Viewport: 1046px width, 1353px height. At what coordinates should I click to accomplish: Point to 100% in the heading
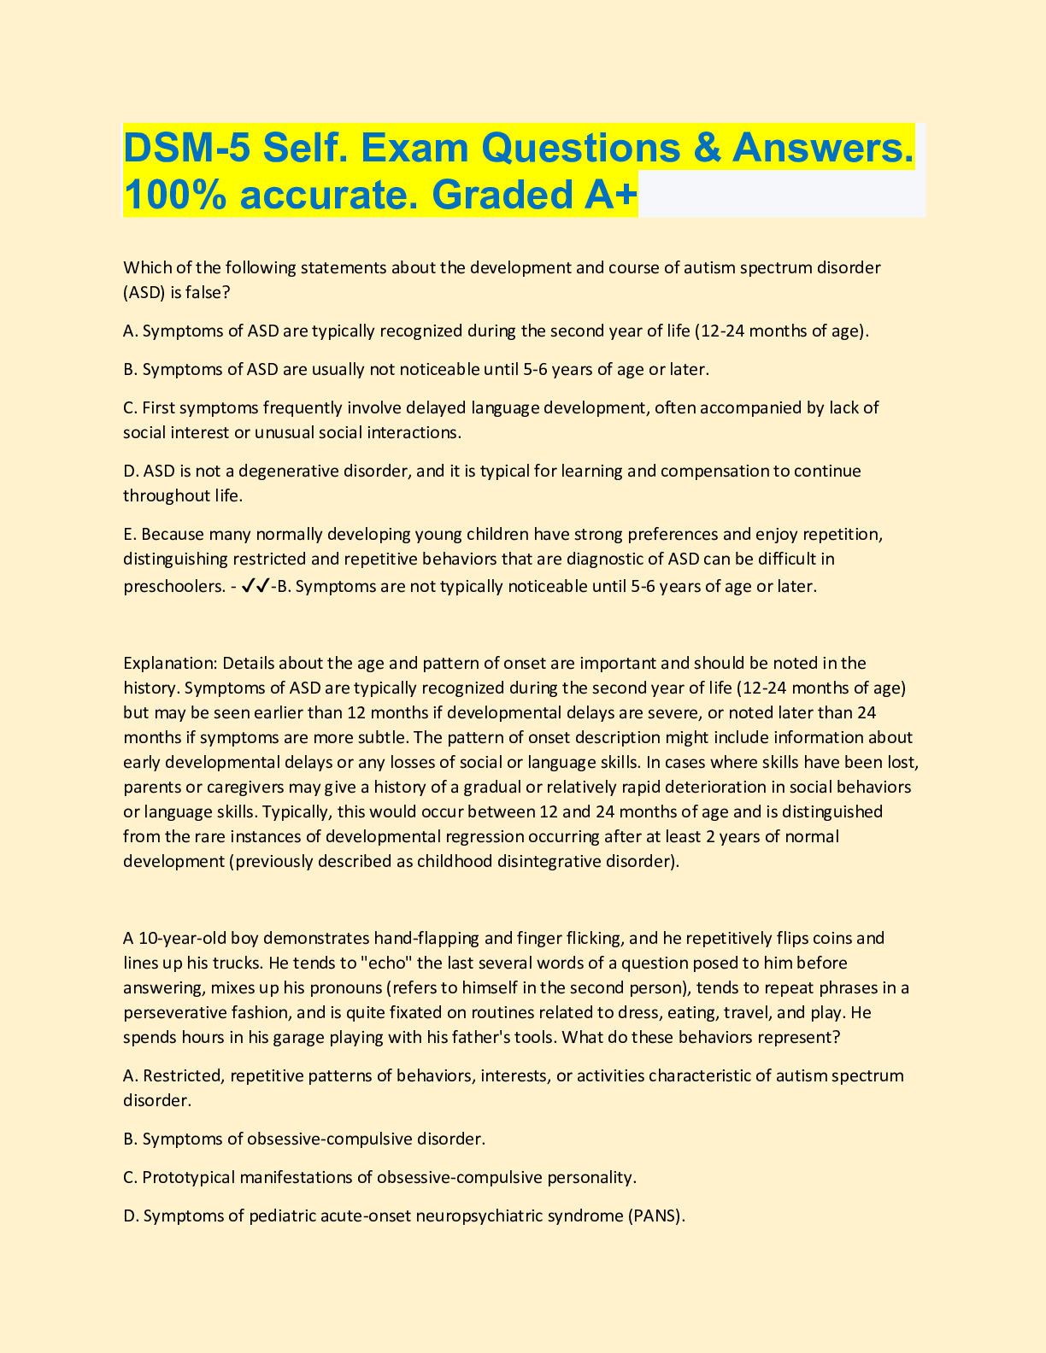(x=174, y=195)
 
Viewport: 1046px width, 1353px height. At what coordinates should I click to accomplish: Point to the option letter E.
(x=129, y=535)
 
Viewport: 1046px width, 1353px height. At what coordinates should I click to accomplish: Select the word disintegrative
(x=509, y=861)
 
